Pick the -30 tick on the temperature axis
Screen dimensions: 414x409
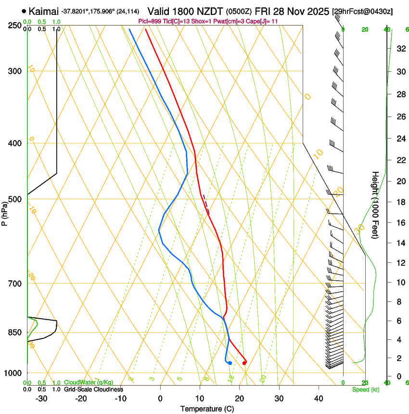tap(41, 399)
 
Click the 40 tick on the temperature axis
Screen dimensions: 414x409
tap(319, 399)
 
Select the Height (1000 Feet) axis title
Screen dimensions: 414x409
tap(375, 205)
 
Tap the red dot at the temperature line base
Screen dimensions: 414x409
tap(244, 362)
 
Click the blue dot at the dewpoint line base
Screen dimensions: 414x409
tap(230, 362)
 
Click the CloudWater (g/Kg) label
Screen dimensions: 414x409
tap(89, 383)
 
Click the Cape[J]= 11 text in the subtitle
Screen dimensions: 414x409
tap(264, 21)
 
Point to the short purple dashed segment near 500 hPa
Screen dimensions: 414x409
tap(206, 204)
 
